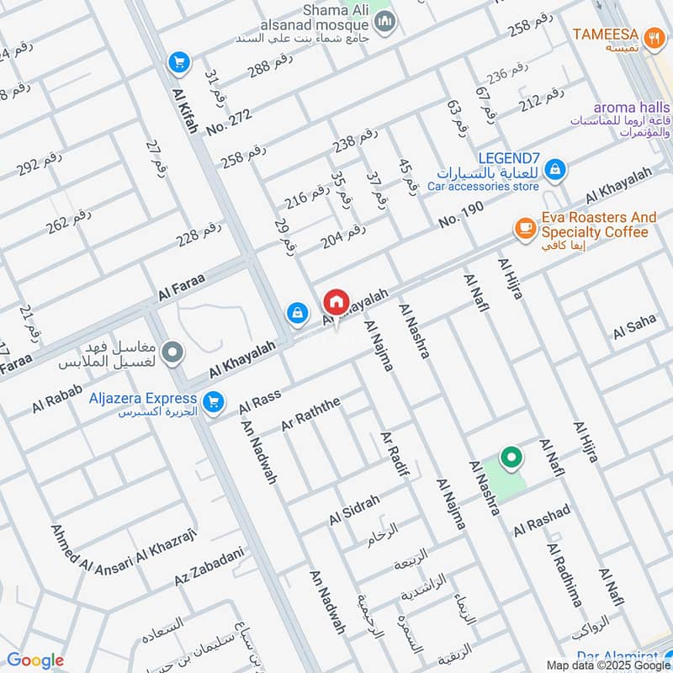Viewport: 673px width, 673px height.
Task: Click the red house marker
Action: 336,301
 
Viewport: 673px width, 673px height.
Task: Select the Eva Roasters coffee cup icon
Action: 525,228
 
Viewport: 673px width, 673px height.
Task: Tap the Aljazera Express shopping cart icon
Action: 213,402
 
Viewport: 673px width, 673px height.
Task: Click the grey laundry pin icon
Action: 172,352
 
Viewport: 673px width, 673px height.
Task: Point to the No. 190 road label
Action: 461,215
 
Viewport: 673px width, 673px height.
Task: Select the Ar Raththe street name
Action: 310,415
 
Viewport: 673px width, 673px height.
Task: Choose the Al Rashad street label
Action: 542,520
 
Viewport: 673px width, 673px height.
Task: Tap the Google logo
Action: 35,660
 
